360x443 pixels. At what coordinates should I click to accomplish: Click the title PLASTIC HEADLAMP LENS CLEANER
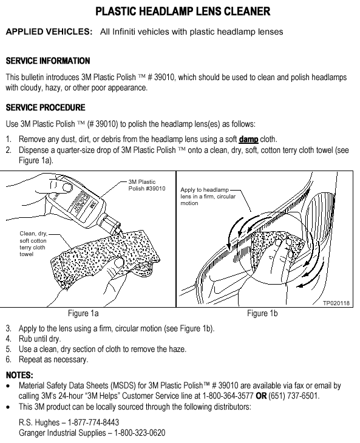(183, 12)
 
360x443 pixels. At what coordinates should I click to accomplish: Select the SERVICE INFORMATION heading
(48, 61)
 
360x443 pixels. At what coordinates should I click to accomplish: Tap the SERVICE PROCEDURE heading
(46, 107)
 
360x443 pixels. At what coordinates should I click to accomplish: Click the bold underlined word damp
(248, 139)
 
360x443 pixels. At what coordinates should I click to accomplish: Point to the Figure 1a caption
(83, 313)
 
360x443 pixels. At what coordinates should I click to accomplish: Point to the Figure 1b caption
(262, 313)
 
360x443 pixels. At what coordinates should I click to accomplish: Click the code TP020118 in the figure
(336, 303)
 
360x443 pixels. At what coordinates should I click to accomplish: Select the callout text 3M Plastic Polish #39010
(147, 185)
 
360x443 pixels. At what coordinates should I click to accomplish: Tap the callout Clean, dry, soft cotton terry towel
(33, 243)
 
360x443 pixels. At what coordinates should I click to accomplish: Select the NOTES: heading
(19, 375)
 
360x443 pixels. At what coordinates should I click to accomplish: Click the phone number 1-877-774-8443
(93, 422)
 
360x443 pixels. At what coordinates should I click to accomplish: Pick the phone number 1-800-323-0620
(140, 433)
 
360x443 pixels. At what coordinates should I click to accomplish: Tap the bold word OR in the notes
(261, 396)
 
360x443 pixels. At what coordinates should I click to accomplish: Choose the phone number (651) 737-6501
(294, 396)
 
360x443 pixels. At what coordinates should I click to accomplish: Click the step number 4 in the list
(8, 339)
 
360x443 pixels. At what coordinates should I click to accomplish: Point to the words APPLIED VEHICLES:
(49, 32)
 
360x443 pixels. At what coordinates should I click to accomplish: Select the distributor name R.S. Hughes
(39, 422)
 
